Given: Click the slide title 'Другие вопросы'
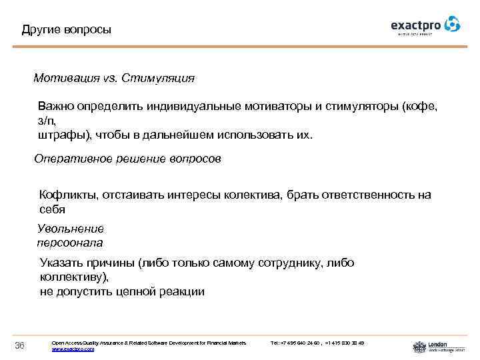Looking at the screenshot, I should [x=67, y=30].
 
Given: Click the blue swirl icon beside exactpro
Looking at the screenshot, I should [x=453, y=25].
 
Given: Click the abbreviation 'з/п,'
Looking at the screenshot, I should [x=47, y=121].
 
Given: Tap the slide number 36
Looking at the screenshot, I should [x=20, y=345].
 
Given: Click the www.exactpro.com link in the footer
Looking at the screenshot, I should [x=73, y=349].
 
